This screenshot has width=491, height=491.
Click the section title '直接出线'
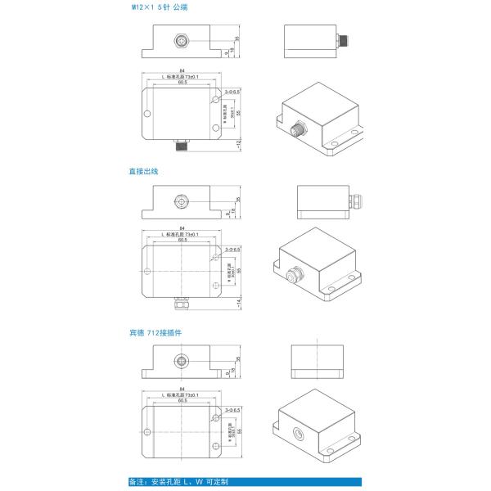click(142, 171)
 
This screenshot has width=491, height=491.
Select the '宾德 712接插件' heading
click(155, 333)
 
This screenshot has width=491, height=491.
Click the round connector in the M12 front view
click(181, 38)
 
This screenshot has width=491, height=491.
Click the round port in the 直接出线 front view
click(181, 200)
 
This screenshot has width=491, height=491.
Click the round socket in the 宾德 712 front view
click(181, 361)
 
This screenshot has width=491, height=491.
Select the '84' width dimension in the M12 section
click(181, 70)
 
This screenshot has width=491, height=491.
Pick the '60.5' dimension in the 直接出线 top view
click(181, 240)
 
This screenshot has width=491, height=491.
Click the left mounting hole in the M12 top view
click(147, 115)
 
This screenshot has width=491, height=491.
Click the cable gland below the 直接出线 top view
click(181, 304)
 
